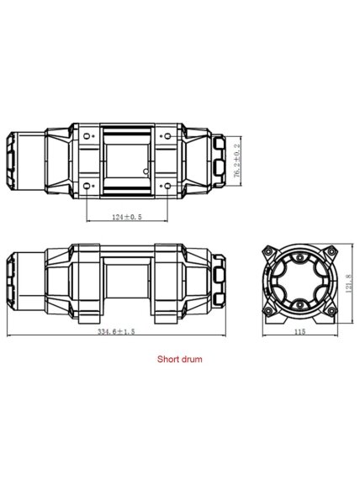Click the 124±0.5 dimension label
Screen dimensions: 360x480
127,217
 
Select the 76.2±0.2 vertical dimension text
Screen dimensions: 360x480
237,161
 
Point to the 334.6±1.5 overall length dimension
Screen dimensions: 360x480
116,331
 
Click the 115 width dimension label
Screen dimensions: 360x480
300,331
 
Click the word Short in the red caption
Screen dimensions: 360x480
167,359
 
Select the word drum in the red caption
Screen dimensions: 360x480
191,359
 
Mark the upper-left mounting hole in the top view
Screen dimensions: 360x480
87,136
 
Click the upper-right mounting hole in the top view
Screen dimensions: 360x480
167,136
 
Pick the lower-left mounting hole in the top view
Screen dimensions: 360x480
87,186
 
